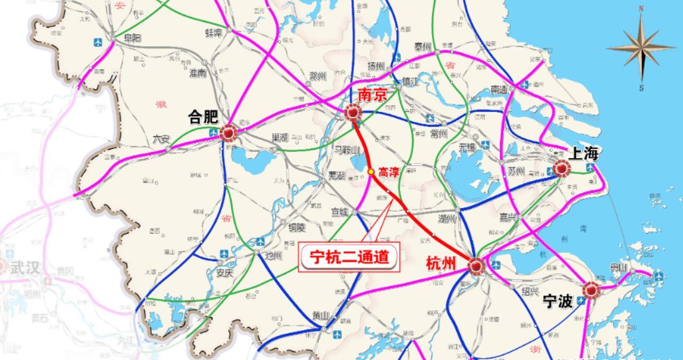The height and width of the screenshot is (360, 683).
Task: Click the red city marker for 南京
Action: [x=353, y=113]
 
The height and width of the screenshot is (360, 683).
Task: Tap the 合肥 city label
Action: [x=203, y=117]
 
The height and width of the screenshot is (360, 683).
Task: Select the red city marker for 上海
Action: [x=561, y=169]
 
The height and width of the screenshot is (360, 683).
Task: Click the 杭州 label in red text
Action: [x=441, y=263]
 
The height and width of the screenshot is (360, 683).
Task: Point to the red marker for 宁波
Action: [x=591, y=290]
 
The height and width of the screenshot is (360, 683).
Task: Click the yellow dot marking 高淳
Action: [x=371, y=172]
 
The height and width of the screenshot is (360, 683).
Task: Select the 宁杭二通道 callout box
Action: [x=348, y=258]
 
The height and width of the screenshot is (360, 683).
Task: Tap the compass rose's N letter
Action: [x=641, y=8]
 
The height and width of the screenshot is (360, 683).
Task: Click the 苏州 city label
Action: [x=517, y=171]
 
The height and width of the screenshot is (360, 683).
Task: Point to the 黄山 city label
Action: [x=321, y=315]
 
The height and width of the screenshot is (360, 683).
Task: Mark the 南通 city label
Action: [x=498, y=90]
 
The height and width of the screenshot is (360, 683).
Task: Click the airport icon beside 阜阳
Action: [x=98, y=42]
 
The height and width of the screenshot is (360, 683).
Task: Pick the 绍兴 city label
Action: [x=530, y=291]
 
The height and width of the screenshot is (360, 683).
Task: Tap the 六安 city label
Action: [x=160, y=139]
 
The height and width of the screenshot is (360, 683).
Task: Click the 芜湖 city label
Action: [x=337, y=175]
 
